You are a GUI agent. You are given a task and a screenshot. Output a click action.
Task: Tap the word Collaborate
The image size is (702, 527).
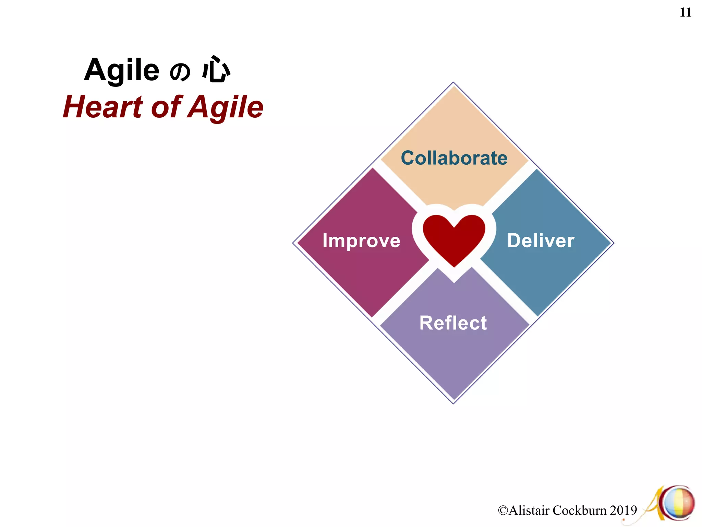point(454,158)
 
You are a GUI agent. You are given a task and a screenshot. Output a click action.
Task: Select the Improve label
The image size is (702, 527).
point(361,241)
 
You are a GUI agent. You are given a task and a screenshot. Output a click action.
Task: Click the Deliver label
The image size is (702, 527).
point(541,241)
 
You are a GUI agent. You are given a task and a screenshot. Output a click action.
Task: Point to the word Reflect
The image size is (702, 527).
point(453,323)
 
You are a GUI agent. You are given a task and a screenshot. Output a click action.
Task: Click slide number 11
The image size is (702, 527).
point(685,13)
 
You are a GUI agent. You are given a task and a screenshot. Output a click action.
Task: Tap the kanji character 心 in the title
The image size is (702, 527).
point(216,70)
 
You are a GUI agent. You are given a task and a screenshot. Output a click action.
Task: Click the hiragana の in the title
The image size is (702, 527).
point(180,72)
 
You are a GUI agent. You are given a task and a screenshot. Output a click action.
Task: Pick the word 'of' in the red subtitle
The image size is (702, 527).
point(167,107)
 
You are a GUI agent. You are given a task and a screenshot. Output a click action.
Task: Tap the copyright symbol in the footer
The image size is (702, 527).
point(503,511)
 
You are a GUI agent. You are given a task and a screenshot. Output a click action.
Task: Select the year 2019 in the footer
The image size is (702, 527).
point(623,511)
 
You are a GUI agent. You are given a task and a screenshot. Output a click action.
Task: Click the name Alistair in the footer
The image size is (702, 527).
point(529,511)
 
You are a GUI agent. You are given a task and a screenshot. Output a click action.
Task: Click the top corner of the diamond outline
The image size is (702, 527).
point(453,83)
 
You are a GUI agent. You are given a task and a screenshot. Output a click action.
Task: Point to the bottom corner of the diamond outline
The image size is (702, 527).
point(453,403)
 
